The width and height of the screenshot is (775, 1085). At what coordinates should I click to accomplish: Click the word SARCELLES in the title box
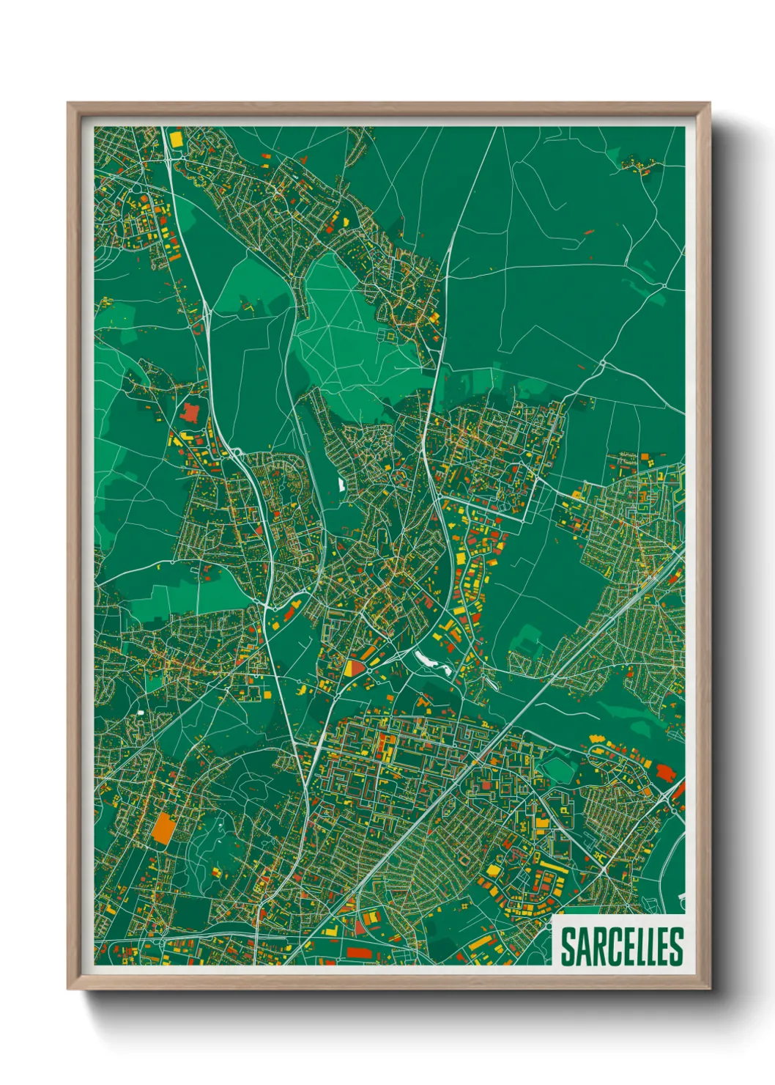coord(622,946)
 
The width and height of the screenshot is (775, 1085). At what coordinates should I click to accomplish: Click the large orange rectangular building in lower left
coord(163,828)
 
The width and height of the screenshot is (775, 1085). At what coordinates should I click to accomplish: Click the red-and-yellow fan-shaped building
coord(353,669)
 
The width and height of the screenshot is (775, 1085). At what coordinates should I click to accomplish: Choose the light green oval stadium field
coord(559,769)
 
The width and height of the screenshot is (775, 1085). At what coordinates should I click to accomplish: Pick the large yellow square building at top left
coord(176,139)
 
